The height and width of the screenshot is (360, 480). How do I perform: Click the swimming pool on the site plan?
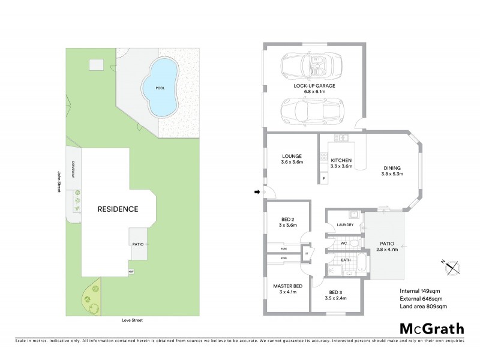point(160,88)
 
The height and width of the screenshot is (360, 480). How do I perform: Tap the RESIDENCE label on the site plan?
point(118,209)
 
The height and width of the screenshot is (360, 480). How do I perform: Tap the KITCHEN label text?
point(341,161)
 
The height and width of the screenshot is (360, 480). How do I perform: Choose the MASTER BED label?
point(287,286)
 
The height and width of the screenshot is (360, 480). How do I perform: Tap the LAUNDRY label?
point(345,225)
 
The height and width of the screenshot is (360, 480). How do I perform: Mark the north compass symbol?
point(450,267)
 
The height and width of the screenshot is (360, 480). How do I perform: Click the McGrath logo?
point(431,328)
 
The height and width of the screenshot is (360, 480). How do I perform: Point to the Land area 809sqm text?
point(424,307)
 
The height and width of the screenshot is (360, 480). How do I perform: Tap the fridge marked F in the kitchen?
point(325,179)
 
